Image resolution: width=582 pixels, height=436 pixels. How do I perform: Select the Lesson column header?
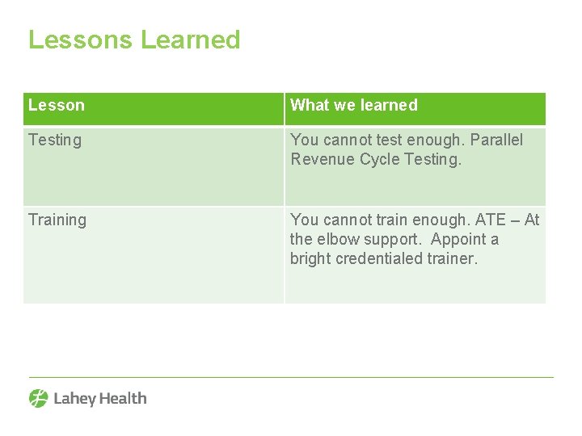pyautogui.click(x=57, y=105)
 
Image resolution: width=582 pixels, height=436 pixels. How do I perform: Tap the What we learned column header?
pyautogui.click(x=354, y=105)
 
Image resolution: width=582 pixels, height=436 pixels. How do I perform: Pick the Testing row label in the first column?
pyautogui.click(x=55, y=140)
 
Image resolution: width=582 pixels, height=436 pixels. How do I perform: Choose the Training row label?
pyautogui.click(x=57, y=220)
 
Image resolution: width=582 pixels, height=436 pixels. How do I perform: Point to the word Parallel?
pyautogui.click(x=496, y=140)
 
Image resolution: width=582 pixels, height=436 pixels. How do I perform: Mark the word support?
pyautogui.click(x=394, y=240)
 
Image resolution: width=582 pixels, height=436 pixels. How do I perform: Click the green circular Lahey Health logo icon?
pyautogui.click(x=39, y=398)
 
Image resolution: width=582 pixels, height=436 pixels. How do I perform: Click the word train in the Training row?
pyautogui.click(x=392, y=220)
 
